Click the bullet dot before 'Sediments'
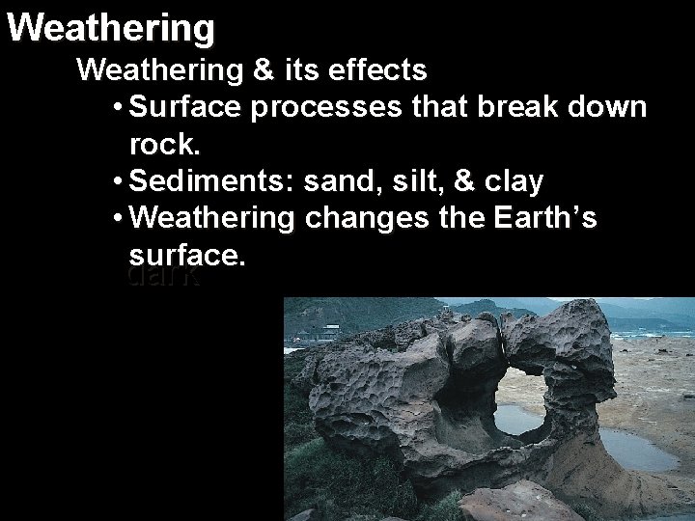click(117, 181)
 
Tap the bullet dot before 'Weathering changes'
click(117, 218)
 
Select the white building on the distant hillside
click(328, 334)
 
